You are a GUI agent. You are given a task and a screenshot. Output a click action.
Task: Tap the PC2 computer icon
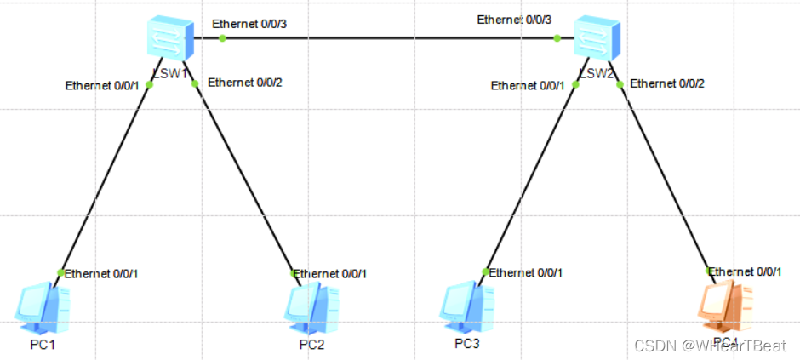[311, 307]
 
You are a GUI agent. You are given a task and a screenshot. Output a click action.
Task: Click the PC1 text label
[43, 346]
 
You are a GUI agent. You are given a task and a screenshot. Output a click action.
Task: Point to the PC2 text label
[311, 346]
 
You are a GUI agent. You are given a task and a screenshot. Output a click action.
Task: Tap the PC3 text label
[467, 344]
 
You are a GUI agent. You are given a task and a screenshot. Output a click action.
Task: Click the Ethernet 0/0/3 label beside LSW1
[249, 23]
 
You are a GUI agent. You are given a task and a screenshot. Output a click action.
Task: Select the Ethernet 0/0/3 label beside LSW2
[514, 20]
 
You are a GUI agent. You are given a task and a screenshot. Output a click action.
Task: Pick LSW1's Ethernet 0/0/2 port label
[245, 83]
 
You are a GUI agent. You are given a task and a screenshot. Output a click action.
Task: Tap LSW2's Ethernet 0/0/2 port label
[667, 83]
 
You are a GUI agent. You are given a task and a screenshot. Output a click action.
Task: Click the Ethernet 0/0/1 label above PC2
[331, 273]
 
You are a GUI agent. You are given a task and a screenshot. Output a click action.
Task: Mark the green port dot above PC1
[60, 272]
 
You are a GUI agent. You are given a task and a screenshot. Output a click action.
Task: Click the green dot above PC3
[485, 272]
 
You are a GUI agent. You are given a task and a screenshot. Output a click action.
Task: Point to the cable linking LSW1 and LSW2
[383, 37]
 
